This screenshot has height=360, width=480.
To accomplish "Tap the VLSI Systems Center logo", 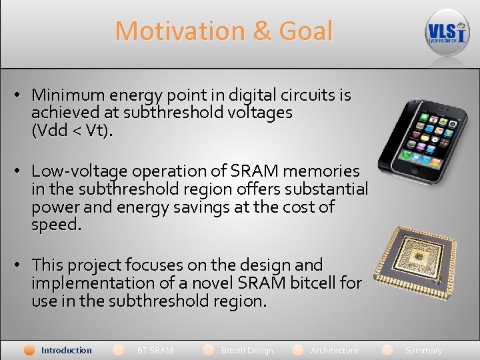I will coord(447,32).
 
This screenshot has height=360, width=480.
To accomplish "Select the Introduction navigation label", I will coord(66,350).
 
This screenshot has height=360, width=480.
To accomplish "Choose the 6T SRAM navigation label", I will coord(155,350).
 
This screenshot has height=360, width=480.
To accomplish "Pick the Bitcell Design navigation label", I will coord(247,350).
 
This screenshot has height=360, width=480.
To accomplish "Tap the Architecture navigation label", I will coord(334,350).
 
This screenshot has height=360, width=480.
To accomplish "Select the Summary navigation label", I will coord(423,350).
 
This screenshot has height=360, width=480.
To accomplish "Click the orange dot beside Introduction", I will coord(29,350).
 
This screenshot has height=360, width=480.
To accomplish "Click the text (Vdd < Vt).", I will coord(72,131).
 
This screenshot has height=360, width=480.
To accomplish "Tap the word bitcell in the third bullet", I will coord(314,283).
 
